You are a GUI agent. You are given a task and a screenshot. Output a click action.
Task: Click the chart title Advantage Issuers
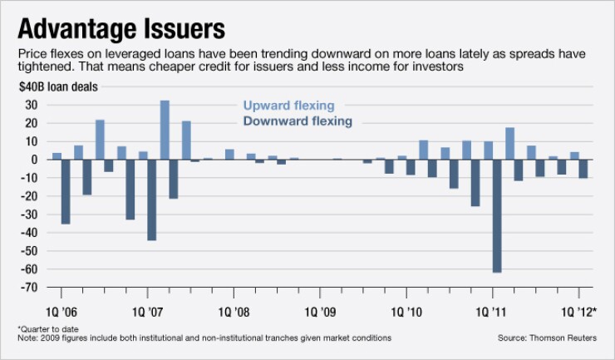point(121,28)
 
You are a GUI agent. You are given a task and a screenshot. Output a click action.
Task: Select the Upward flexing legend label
point(288,106)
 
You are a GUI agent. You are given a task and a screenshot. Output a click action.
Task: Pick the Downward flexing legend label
point(298,121)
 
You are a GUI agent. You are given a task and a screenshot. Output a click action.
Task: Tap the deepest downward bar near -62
point(497,215)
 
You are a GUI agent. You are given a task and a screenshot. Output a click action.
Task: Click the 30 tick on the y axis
point(32,105)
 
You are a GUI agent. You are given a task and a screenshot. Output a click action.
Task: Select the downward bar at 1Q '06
point(66,191)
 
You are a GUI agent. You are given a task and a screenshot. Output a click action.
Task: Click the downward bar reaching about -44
point(152,200)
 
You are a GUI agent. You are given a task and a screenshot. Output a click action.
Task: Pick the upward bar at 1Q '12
point(574,155)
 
